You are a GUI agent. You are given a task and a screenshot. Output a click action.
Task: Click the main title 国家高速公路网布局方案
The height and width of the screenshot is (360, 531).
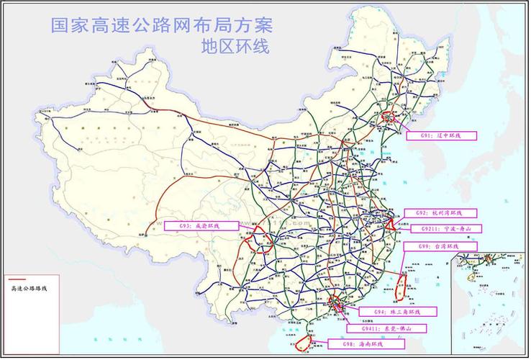pyautogui.click(x=162, y=25)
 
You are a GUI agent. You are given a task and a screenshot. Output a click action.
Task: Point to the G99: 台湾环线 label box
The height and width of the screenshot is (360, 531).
pyautogui.click(x=448, y=247)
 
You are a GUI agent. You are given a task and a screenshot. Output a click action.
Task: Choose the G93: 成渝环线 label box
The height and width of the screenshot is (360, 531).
pyautogui.click(x=201, y=226)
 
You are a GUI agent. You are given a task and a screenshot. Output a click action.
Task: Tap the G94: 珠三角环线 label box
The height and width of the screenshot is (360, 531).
pyautogui.click(x=396, y=312)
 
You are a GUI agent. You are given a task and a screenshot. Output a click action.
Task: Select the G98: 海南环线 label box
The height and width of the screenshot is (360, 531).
pyautogui.click(x=358, y=345)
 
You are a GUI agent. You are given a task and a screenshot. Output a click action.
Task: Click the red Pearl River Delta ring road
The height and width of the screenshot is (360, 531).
pyautogui.click(x=336, y=307)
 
